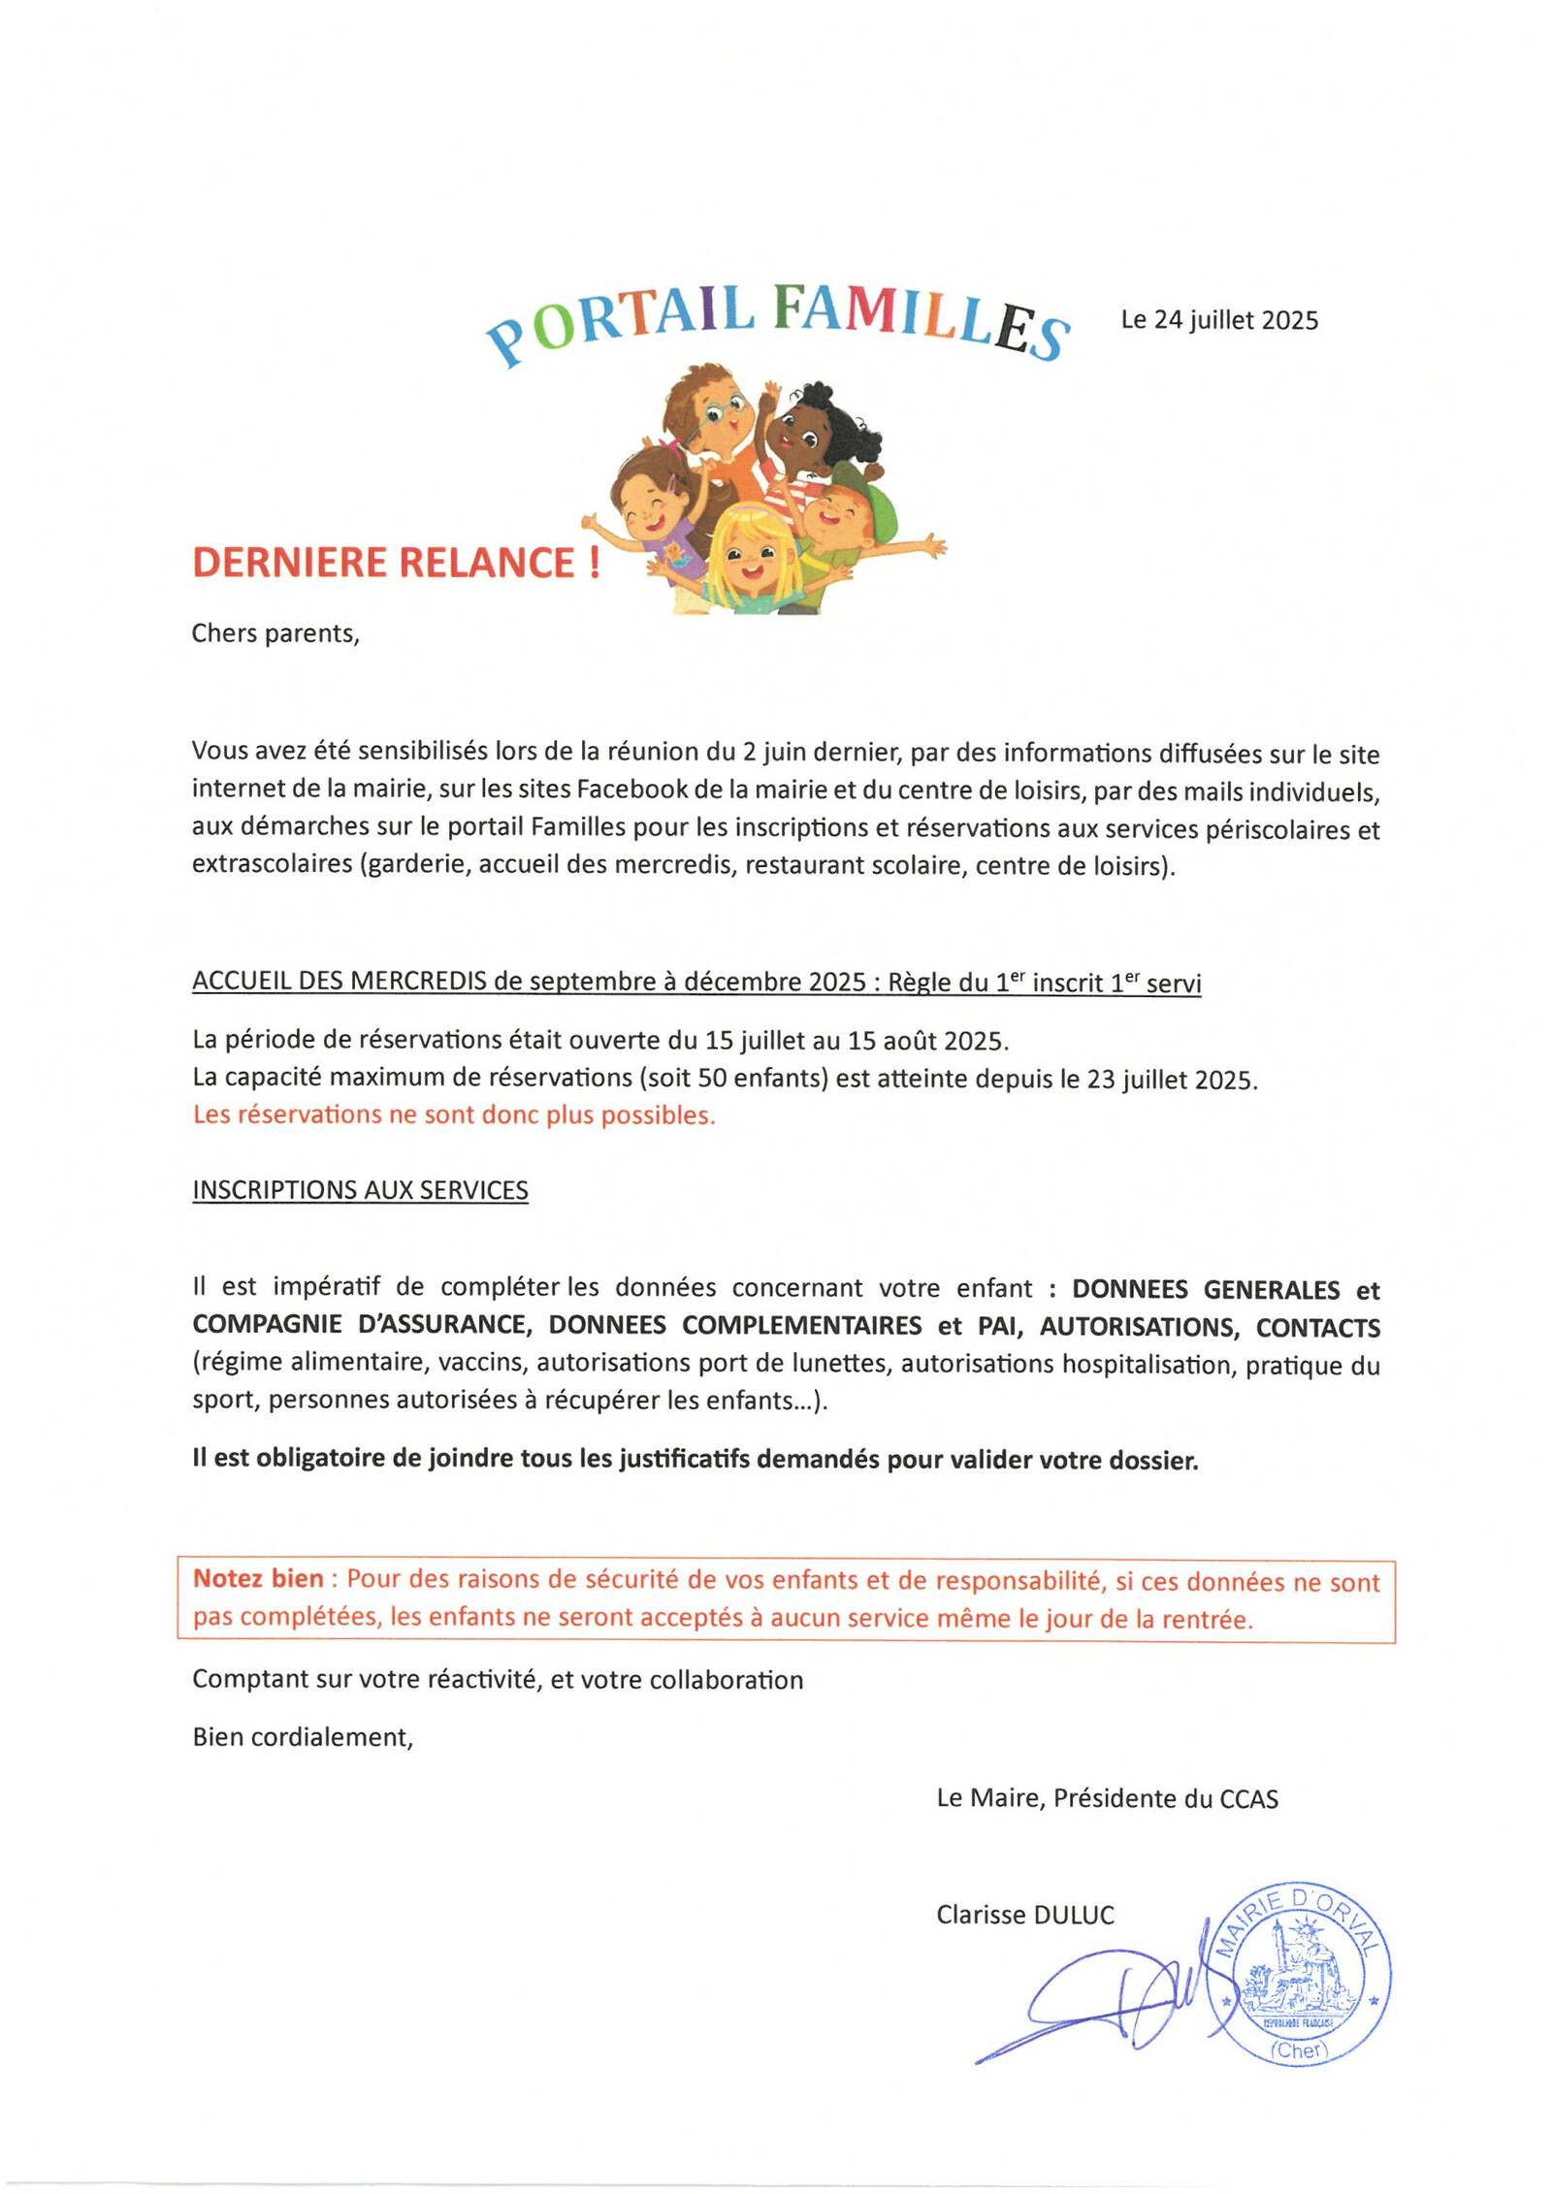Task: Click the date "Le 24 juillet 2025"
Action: (x=1218, y=320)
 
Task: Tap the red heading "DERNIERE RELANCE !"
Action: (x=396, y=564)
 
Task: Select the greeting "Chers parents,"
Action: (x=275, y=633)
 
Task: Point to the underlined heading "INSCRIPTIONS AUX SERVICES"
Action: (x=360, y=1190)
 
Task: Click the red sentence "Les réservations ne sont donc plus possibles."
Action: (x=453, y=1115)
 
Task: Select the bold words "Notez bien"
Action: (x=258, y=1579)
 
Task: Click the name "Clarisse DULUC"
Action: (x=1024, y=1915)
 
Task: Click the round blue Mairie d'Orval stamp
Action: (x=1298, y=1974)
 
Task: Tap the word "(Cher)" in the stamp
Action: (x=1299, y=2049)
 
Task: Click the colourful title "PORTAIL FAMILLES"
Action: (x=776, y=320)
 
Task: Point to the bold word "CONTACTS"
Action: (x=1317, y=1328)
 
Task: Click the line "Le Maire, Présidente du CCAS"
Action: (x=1107, y=1798)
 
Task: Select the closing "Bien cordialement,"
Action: (x=303, y=1737)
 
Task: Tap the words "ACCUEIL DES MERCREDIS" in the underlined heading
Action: (x=339, y=981)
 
